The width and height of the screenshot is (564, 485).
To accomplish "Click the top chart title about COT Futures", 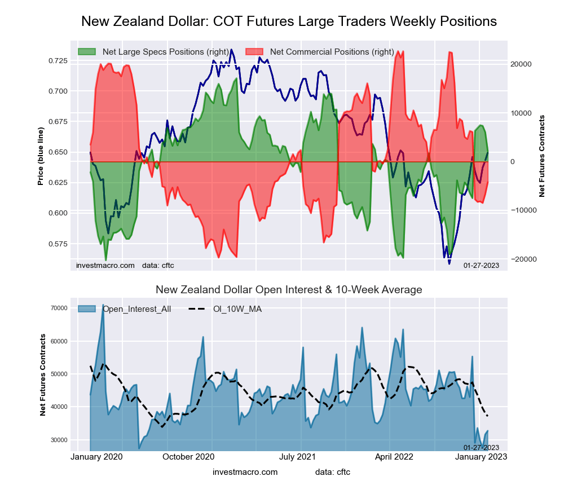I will pyautogui.click(x=289, y=21).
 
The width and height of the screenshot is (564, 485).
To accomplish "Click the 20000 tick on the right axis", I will pyautogui.click(x=521, y=64).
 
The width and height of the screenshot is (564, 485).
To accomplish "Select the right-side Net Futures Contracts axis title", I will pyautogui.click(x=543, y=156).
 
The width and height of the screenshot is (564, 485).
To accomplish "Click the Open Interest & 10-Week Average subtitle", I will pyautogui.click(x=289, y=290).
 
